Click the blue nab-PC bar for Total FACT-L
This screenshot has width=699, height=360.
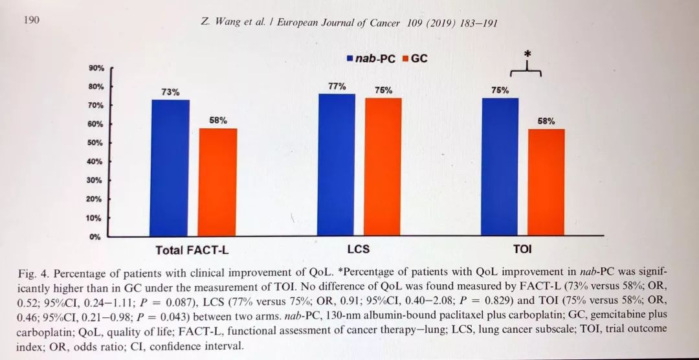[170, 168]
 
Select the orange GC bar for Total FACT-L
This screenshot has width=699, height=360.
[217, 182]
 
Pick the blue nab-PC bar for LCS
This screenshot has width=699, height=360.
[337, 164]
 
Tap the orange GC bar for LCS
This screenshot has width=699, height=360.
[384, 166]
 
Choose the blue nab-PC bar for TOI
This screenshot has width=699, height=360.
[500, 166]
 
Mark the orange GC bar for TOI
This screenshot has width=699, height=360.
[546, 182]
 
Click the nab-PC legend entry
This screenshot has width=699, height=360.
[371, 58]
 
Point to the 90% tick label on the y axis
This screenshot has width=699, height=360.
[95, 68]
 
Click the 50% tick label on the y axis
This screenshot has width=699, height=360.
[95, 142]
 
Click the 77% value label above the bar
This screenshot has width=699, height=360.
[337, 86]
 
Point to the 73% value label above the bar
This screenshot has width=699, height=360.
[170, 92]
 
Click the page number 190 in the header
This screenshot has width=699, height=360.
[31, 20]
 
